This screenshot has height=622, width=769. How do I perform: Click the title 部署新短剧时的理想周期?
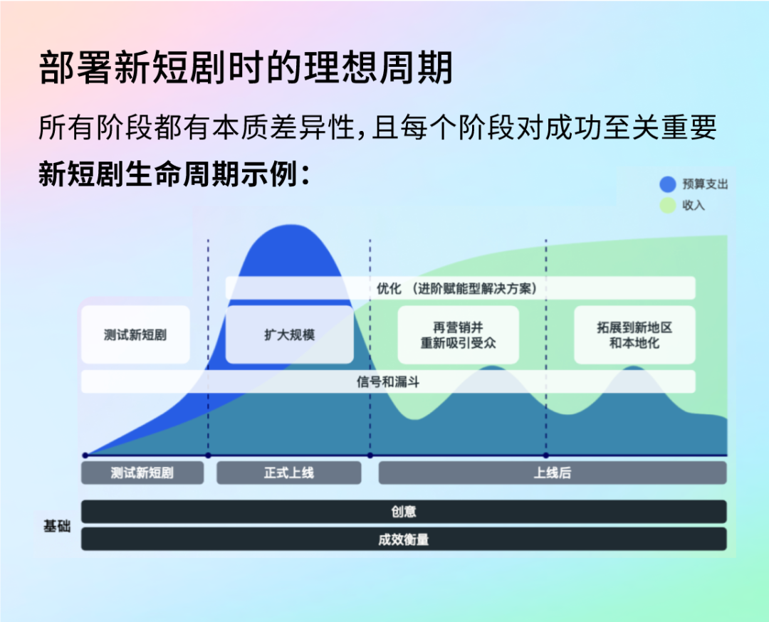tap(245, 68)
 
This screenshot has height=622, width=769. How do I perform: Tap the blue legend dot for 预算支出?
tap(667, 184)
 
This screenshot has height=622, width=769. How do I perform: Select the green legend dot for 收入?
tap(667, 206)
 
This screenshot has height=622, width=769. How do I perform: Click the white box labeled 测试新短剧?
tap(135, 334)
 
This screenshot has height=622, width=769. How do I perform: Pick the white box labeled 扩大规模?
tap(289, 334)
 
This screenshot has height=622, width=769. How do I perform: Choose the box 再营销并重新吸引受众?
tap(458, 334)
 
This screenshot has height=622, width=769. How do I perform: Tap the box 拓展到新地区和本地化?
tap(634, 334)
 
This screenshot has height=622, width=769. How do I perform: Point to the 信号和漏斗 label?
tap(388, 382)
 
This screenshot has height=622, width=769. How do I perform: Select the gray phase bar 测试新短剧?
tap(142, 473)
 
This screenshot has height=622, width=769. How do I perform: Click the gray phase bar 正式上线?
tap(289, 473)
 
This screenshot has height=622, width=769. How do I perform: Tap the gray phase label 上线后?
tap(553, 473)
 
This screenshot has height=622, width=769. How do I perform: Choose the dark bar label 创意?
tap(404, 512)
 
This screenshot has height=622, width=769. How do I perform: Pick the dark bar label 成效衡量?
tap(404, 539)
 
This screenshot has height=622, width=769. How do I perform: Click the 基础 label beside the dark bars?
tap(57, 526)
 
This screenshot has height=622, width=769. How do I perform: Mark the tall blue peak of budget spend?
tap(291, 226)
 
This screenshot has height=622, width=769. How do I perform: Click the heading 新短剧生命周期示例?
tap(174, 174)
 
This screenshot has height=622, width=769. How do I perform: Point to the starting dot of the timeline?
tap(85, 455)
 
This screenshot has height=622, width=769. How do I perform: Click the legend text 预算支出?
tap(705, 184)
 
